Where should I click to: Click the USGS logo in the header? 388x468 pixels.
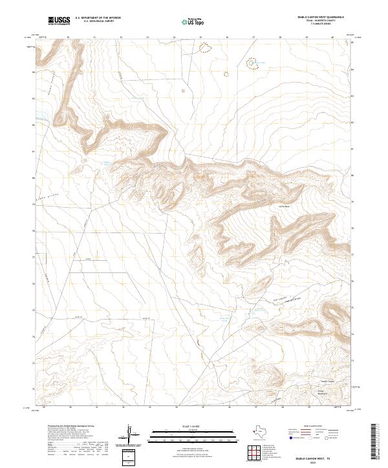[x=59, y=21]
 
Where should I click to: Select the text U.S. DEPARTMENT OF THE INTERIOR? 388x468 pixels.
[x=98, y=19]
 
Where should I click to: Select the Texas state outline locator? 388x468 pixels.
[x=264, y=433]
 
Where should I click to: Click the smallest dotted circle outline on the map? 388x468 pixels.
[x=183, y=90]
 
